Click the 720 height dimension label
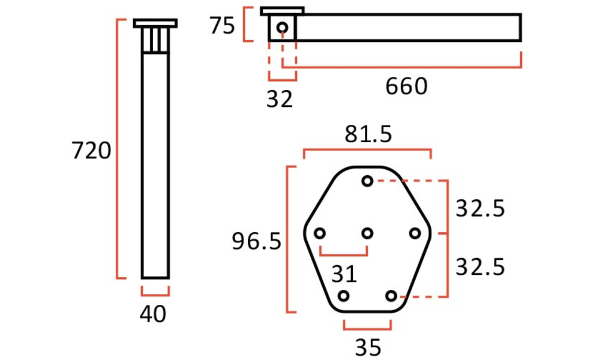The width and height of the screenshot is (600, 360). [91, 151]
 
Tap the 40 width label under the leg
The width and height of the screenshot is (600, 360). [153, 314]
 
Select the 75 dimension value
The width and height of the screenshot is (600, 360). [222, 26]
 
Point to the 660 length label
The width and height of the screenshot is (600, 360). [406, 86]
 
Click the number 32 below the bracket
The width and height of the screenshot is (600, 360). [280, 99]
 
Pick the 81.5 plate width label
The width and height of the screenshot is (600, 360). [368, 134]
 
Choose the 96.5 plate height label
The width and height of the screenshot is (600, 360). [257, 241]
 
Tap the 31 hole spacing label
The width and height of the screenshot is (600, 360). [344, 274]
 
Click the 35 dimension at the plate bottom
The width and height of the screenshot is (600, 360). [368, 347]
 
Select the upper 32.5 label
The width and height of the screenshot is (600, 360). [480, 209]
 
